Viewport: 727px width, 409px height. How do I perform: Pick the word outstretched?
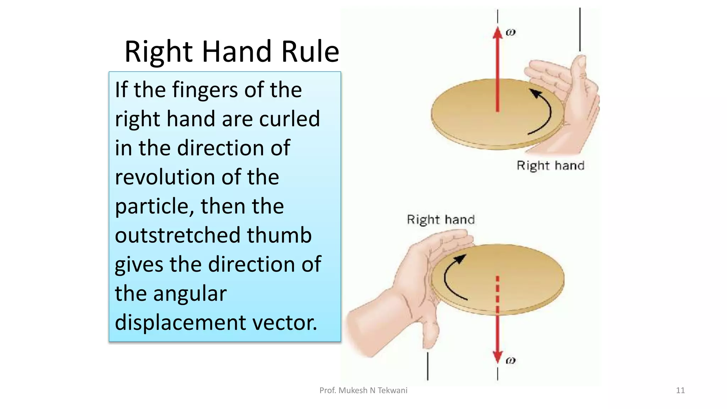[x=177, y=235]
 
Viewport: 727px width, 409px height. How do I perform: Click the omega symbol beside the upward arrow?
[x=510, y=32]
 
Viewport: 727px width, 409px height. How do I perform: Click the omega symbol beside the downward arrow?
[x=510, y=360]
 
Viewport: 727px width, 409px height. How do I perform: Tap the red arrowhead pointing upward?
[x=498, y=33]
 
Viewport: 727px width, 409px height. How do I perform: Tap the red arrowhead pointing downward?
[x=498, y=356]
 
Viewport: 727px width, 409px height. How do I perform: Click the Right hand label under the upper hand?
[x=550, y=166]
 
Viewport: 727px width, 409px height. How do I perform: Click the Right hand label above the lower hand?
[x=441, y=219]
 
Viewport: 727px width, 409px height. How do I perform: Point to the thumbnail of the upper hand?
[x=581, y=62]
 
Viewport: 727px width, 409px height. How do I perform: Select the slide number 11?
[x=680, y=391]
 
